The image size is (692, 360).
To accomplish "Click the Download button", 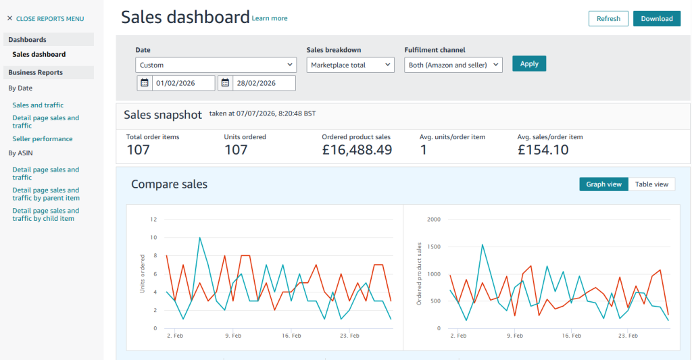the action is click(657, 18).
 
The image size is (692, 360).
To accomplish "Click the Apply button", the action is click(529, 63).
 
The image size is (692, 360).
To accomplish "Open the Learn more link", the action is click(270, 18).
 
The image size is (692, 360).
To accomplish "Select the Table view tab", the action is click(651, 184).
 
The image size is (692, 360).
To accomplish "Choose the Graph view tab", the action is click(603, 184).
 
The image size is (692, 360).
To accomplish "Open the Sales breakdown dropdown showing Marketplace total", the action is click(351, 65).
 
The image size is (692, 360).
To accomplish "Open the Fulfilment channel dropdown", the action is click(453, 65).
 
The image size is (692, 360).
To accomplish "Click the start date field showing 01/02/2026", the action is click(183, 83).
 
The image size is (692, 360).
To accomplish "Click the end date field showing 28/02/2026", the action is click(264, 83).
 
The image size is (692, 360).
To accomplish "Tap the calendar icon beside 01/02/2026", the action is click(145, 82).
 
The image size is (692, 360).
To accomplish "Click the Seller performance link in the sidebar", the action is click(43, 138).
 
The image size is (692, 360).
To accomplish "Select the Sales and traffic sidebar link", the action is click(38, 105).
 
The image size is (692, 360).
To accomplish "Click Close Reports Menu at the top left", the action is click(45, 18).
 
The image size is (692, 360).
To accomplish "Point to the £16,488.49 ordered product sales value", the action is click(357, 150).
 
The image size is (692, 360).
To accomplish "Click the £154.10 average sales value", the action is click(543, 150).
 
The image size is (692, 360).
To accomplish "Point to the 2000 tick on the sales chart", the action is click(434, 220).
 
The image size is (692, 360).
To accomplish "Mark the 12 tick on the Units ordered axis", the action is click(153, 220).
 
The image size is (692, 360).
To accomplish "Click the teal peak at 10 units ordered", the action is click(200, 238).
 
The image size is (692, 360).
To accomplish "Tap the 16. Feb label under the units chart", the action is click(291, 336).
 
